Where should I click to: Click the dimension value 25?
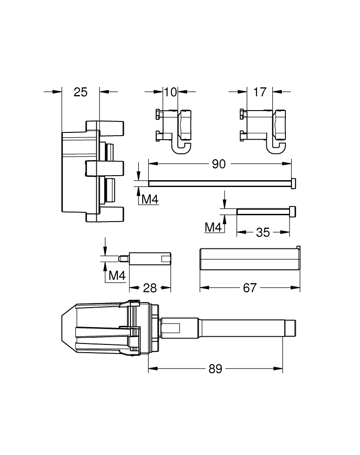click(80, 92)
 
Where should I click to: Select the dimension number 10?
click(170, 92)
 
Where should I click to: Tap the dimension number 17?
click(260, 92)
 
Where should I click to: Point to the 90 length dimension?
click(219, 164)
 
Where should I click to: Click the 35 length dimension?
click(263, 233)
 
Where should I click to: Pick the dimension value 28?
click(150, 288)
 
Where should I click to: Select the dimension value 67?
click(250, 288)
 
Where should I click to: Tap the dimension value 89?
click(215, 369)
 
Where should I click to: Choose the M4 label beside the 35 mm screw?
click(213, 227)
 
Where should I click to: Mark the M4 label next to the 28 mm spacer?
click(117, 276)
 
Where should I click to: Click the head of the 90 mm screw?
click(294, 183)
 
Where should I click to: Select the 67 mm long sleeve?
click(249, 259)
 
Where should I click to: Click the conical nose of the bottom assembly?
click(68, 327)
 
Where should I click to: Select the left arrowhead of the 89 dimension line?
click(152, 369)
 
